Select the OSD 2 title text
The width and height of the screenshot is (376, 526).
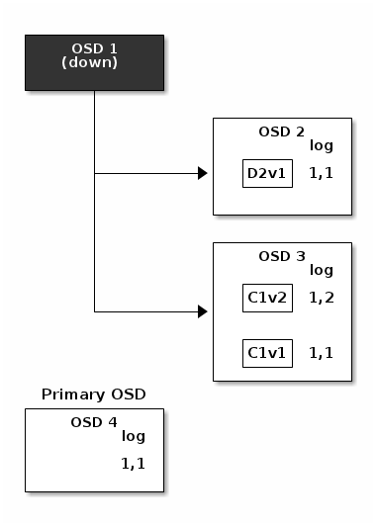[281, 131]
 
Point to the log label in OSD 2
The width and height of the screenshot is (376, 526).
[321, 145]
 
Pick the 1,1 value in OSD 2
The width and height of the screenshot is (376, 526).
[321, 174]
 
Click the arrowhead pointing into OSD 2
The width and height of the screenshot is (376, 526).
[202, 174]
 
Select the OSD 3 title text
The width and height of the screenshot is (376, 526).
[281, 256]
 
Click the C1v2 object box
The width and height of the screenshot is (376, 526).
[267, 298]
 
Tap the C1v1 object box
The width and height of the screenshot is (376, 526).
[267, 352]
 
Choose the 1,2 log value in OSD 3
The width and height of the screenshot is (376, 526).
[321, 298]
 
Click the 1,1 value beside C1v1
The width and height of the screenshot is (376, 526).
[321, 352]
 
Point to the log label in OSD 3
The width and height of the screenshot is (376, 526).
[321, 270]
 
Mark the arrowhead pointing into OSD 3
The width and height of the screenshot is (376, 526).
[202, 311]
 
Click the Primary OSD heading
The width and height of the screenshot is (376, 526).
[93, 394]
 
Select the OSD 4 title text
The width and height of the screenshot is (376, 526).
[93, 422]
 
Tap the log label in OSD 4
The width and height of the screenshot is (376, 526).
[133, 436]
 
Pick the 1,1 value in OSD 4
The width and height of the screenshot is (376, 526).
[133, 463]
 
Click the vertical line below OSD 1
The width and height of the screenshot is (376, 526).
[94, 198]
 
